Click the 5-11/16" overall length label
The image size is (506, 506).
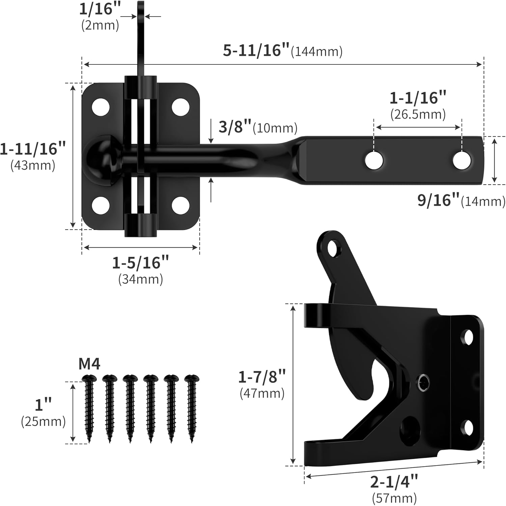coord(256,51)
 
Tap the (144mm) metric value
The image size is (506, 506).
coord(317,52)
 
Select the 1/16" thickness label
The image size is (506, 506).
coord(100,9)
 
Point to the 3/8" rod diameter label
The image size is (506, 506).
coord(235,127)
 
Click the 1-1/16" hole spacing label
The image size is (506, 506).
coord(418,98)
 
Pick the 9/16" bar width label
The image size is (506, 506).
coord(439,200)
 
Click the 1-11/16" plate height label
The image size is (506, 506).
coord(33,149)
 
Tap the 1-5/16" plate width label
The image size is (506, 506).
coord(140,263)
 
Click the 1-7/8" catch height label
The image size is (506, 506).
coord(262,377)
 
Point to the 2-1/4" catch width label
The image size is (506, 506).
coord(394,482)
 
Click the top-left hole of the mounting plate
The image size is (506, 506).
coord(101,107)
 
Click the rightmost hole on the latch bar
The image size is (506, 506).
coord(462,161)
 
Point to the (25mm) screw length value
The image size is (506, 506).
coord(43,422)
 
